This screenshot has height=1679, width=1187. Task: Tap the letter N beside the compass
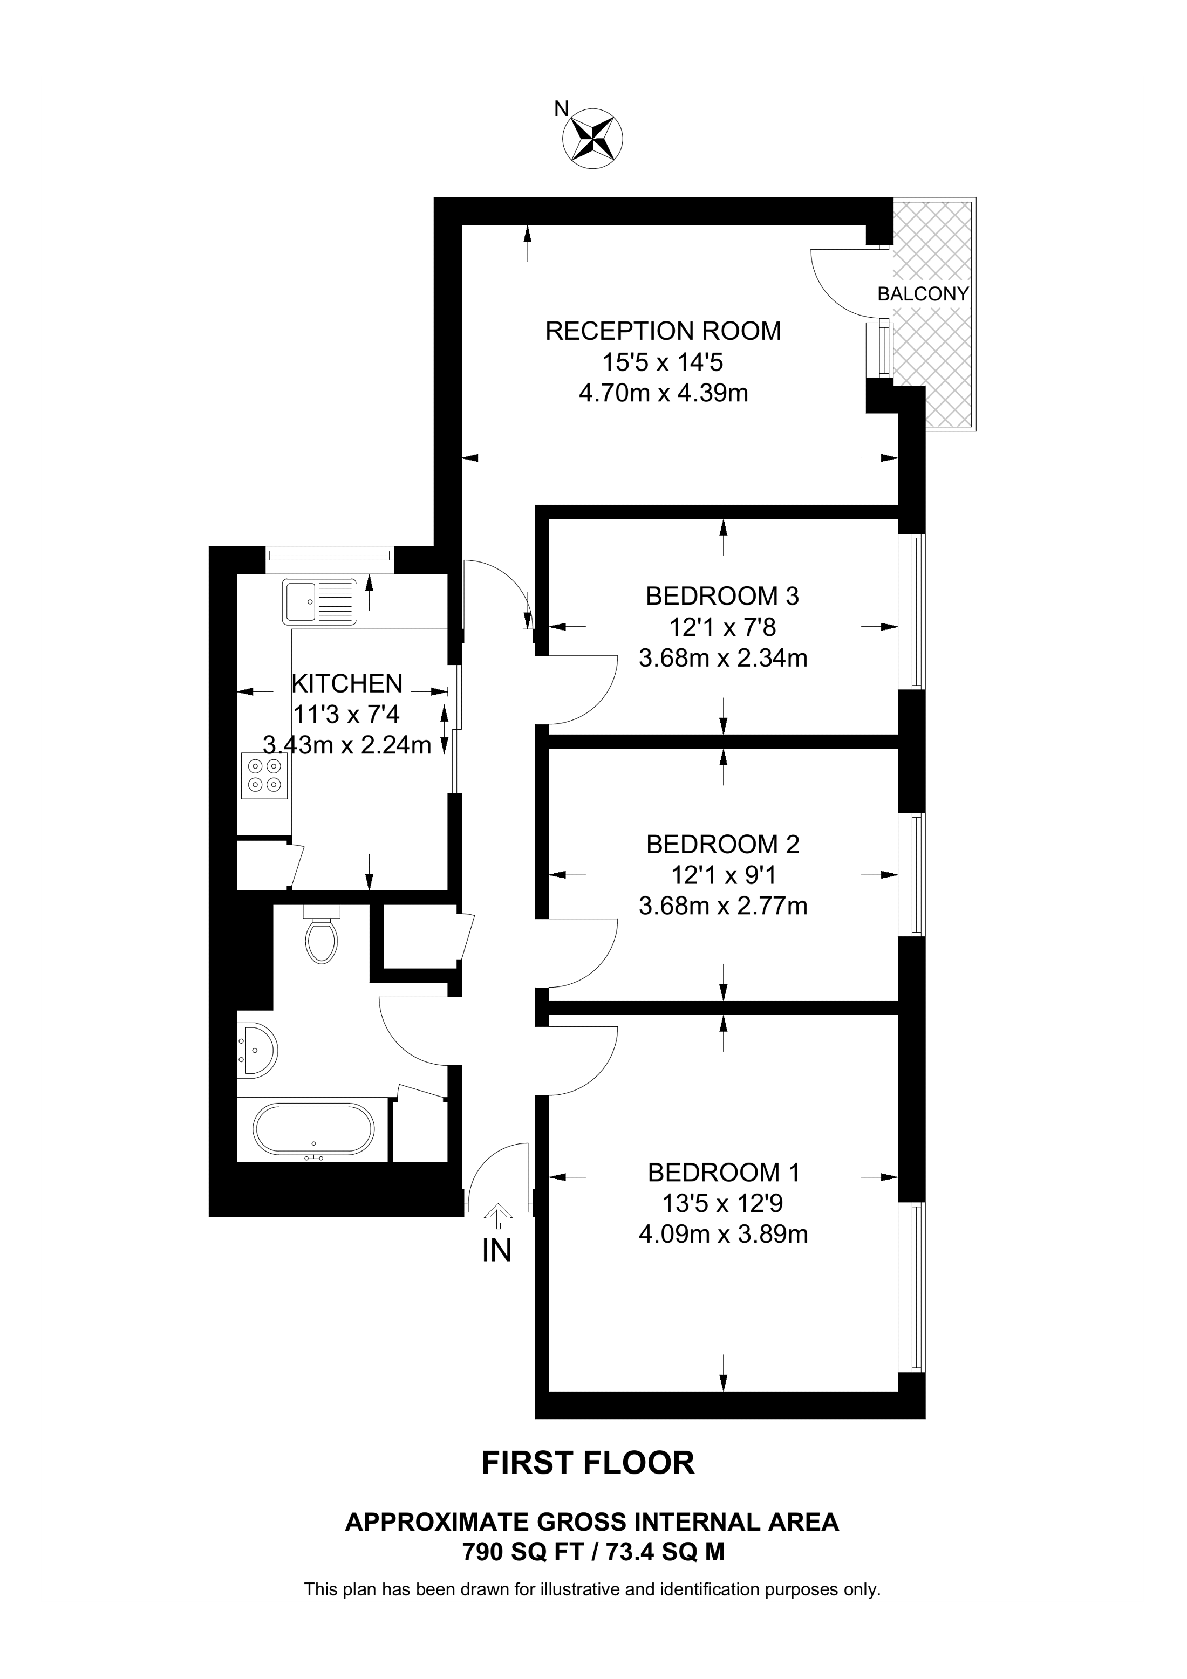561,109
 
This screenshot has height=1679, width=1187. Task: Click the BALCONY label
922,294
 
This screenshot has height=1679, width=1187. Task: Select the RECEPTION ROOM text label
663,331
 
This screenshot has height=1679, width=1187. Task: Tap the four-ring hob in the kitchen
264,775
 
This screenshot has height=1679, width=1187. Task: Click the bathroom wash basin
257,1048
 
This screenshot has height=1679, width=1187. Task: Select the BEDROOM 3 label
722,596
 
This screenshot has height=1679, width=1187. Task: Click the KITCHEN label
347,684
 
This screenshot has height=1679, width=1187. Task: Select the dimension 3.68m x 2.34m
722,658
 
